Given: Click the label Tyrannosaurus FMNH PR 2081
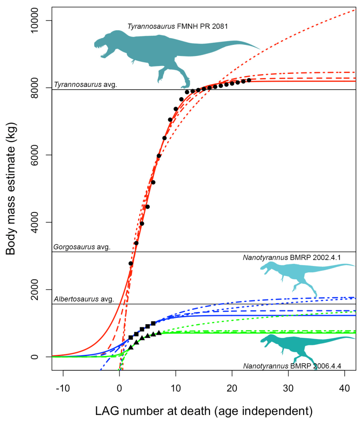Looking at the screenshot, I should [x=178, y=27].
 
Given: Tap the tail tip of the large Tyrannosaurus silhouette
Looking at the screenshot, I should [x=259, y=49].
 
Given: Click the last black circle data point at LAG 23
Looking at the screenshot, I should [x=249, y=80].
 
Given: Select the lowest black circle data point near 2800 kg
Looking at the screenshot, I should [x=131, y=263].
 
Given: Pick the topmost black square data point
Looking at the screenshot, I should [x=153, y=323].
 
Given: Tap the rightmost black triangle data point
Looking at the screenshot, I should [x=159, y=333].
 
